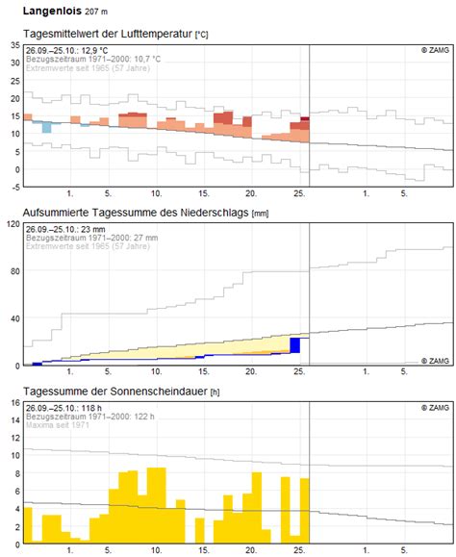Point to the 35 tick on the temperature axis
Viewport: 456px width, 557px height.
click(x=13, y=44)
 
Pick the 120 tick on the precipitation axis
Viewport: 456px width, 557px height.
click(x=11, y=223)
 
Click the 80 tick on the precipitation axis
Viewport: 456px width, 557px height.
click(x=13, y=271)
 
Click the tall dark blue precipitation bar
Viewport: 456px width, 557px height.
click(x=295, y=347)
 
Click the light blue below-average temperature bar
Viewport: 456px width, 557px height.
click(x=46, y=127)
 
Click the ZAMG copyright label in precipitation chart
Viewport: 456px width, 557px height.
click(x=434, y=361)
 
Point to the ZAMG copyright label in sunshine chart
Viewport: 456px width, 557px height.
click(x=434, y=407)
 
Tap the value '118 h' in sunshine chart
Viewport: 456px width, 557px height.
click(x=93, y=407)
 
